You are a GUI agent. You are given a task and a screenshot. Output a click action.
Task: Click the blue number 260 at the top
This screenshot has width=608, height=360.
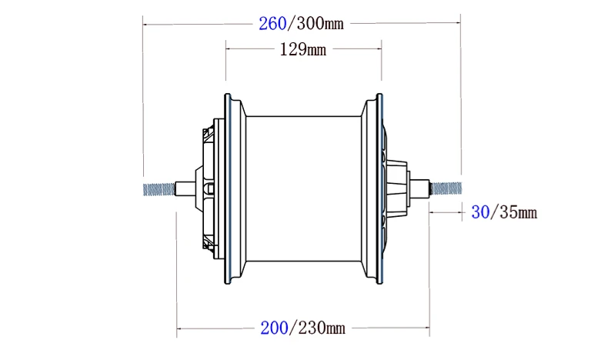(272, 23)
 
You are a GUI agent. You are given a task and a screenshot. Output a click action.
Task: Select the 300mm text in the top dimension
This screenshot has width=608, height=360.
(318, 23)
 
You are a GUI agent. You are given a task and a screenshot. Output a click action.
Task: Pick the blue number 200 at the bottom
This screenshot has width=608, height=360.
(273, 328)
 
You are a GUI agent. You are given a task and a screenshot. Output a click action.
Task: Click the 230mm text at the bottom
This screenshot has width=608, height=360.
(319, 328)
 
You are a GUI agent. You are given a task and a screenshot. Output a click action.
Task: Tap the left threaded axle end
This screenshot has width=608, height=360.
(159, 188)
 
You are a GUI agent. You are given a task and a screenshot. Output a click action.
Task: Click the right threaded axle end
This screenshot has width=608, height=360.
(447, 187)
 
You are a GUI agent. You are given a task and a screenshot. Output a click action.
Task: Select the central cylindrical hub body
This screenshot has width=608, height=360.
(304, 188)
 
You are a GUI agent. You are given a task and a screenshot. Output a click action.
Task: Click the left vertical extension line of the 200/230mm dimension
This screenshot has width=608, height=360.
(178, 269)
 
